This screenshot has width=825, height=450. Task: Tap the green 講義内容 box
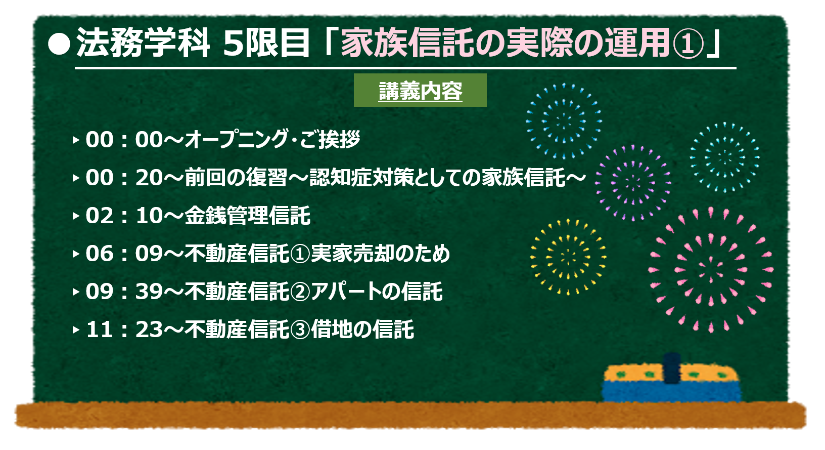(x=420, y=90)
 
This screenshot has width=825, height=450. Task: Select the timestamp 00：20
(x=124, y=178)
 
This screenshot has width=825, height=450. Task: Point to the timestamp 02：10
(x=124, y=216)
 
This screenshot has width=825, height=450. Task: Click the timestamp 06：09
(x=124, y=254)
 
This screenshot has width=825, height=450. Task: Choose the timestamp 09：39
(x=124, y=292)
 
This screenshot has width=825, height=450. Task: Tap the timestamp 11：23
(x=124, y=330)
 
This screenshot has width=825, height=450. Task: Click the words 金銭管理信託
(x=248, y=216)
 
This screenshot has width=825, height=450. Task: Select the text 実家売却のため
(x=380, y=254)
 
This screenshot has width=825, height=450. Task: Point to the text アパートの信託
(x=377, y=292)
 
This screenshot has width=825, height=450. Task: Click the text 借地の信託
(x=362, y=330)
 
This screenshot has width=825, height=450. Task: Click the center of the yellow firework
(x=568, y=257)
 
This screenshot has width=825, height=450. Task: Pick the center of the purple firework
(x=633, y=183)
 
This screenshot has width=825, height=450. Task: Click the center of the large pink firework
(x=711, y=270)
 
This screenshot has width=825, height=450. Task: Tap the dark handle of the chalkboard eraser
(x=672, y=369)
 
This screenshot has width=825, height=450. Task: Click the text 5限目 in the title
(x=265, y=44)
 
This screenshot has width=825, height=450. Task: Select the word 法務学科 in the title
(x=143, y=43)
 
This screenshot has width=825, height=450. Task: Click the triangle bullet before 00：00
(x=76, y=140)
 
